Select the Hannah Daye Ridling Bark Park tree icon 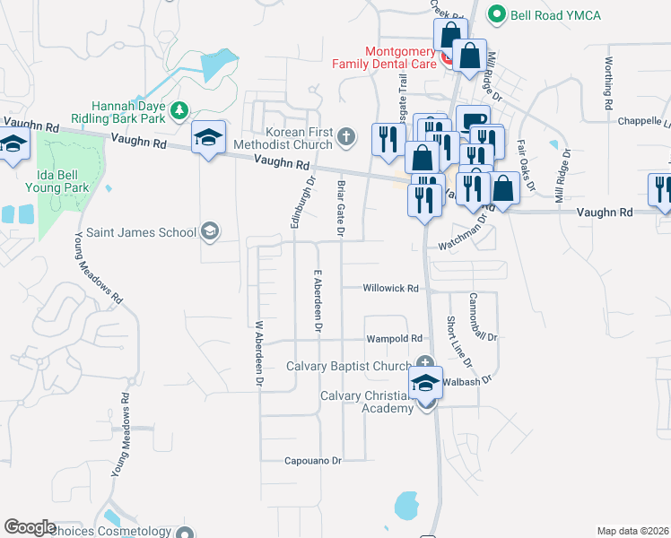(x=179, y=110)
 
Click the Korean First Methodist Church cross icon (x=347, y=137)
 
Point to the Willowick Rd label (x=391, y=289)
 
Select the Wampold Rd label (x=394, y=339)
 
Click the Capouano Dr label (x=313, y=461)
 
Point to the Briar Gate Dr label (x=341, y=208)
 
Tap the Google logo (x=30, y=527)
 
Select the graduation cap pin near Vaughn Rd (x=209, y=137)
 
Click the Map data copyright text (x=632, y=531)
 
